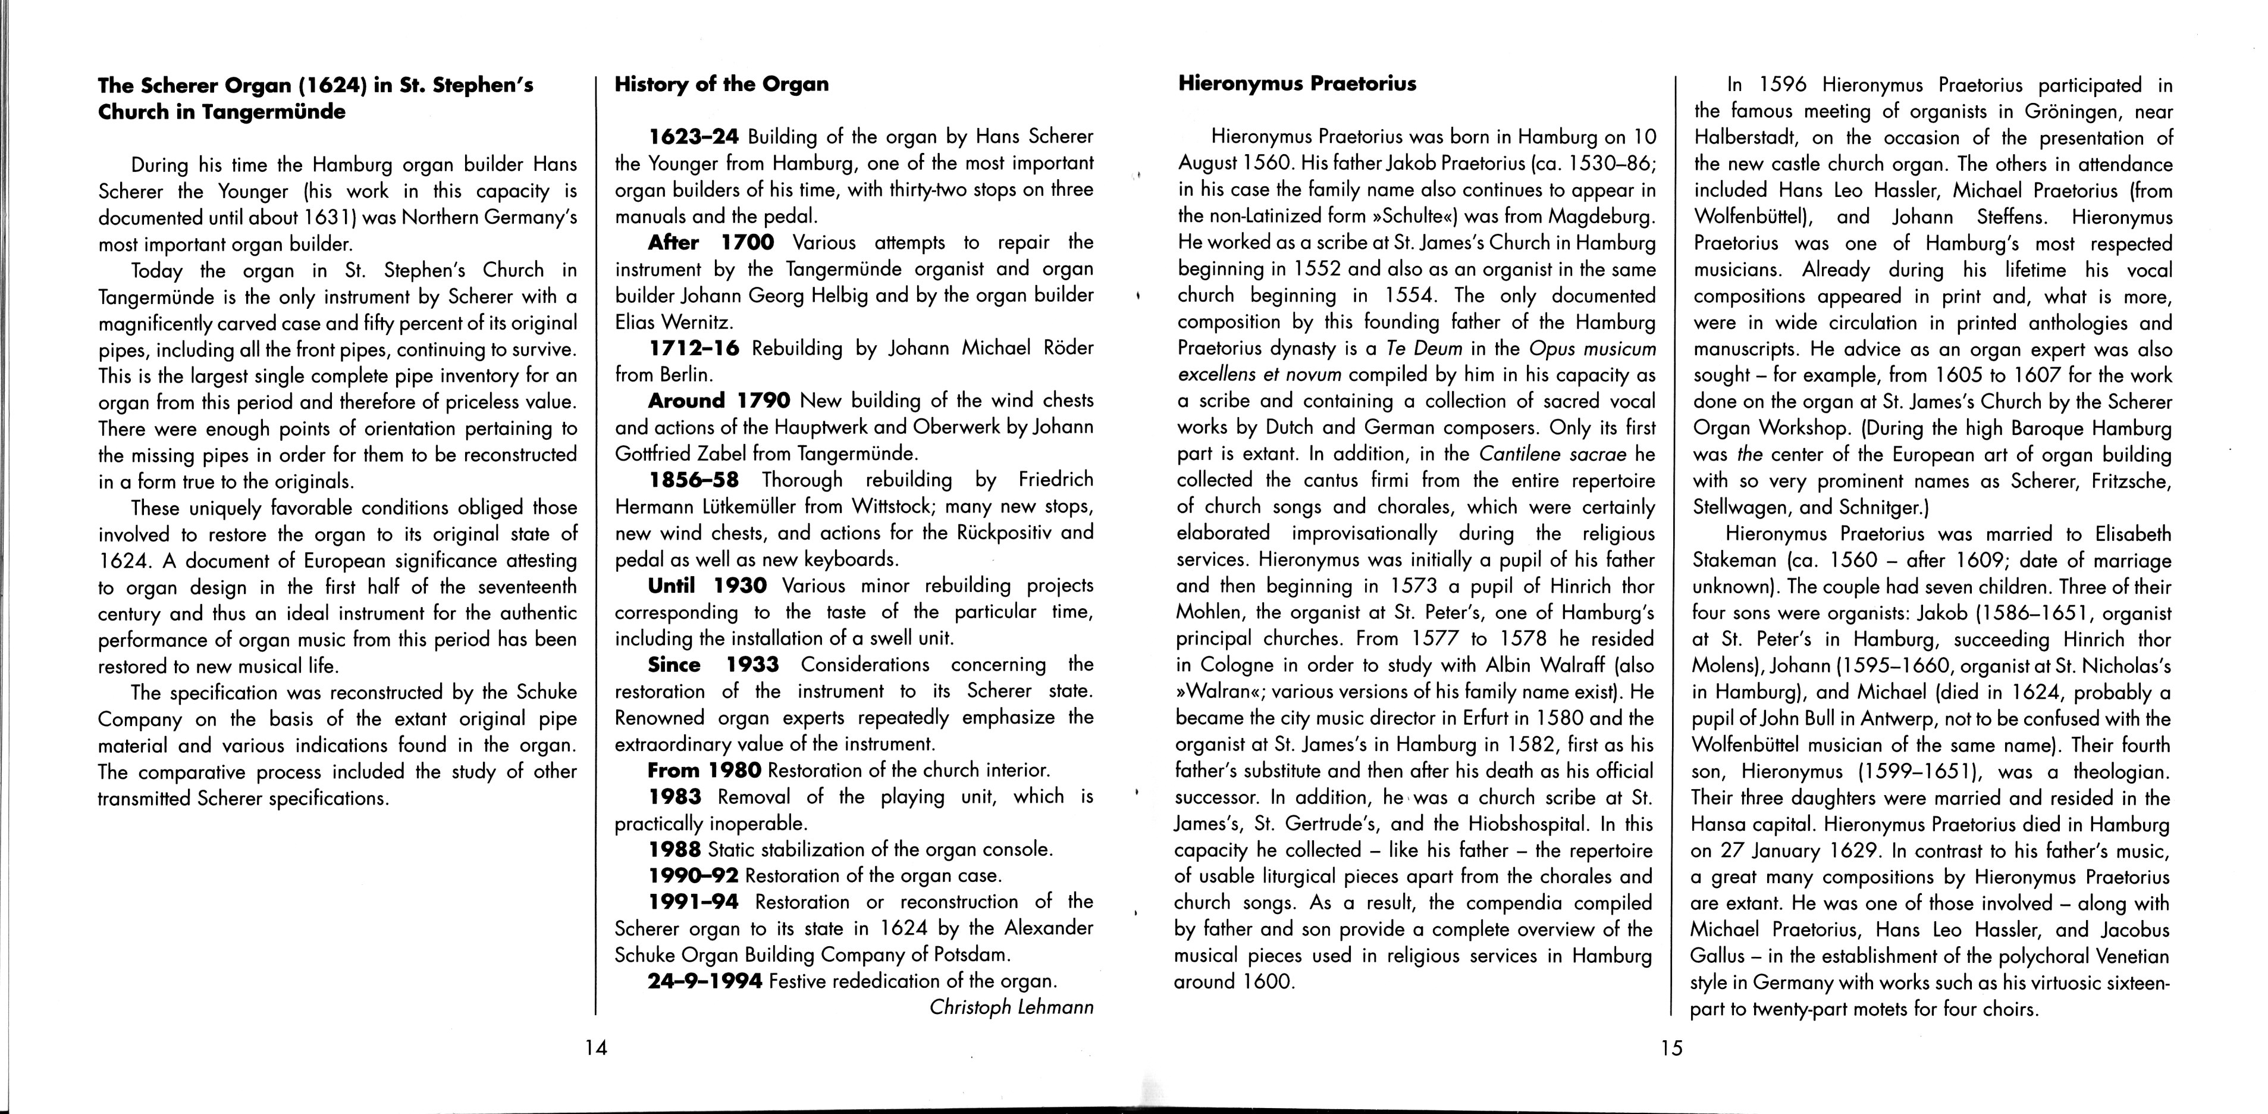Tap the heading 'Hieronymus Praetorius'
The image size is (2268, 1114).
tap(1297, 85)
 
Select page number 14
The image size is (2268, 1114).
tap(596, 1048)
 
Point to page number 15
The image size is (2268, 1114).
tap(1670, 1048)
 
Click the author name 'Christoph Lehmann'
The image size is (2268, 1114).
tap(1011, 1007)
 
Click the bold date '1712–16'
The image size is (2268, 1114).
tap(694, 348)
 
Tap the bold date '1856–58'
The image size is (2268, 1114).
tap(694, 480)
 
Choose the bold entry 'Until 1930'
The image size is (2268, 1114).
tap(707, 586)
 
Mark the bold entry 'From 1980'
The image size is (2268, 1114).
tap(704, 771)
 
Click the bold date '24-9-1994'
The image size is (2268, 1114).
tap(704, 981)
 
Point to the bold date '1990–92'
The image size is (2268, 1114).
tap(693, 876)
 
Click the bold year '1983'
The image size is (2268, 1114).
tap(675, 797)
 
